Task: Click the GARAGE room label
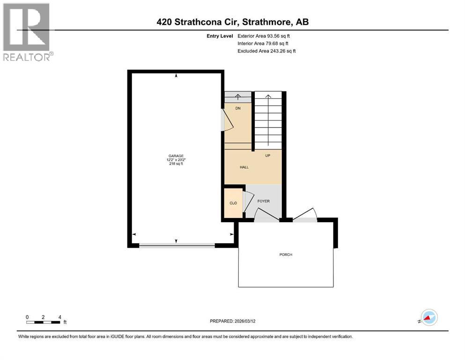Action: coord(176,156)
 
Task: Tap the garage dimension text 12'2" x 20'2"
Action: coord(176,160)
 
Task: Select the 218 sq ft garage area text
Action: coord(176,164)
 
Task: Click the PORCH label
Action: coord(286,255)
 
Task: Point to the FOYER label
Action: coord(264,201)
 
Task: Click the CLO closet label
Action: coord(233,203)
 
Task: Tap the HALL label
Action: coord(244,167)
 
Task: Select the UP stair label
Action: coord(268,155)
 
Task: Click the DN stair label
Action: coord(237,108)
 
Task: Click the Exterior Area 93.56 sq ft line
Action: coord(266,36)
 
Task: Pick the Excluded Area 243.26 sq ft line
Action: coord(266,51)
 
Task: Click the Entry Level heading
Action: coord(220,36)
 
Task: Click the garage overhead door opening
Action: coord(177,245)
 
